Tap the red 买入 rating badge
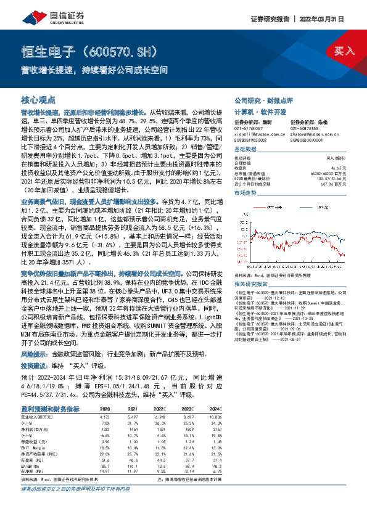(345, 51)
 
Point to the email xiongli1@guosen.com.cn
(255, 133)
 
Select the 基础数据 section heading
(245, 150)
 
